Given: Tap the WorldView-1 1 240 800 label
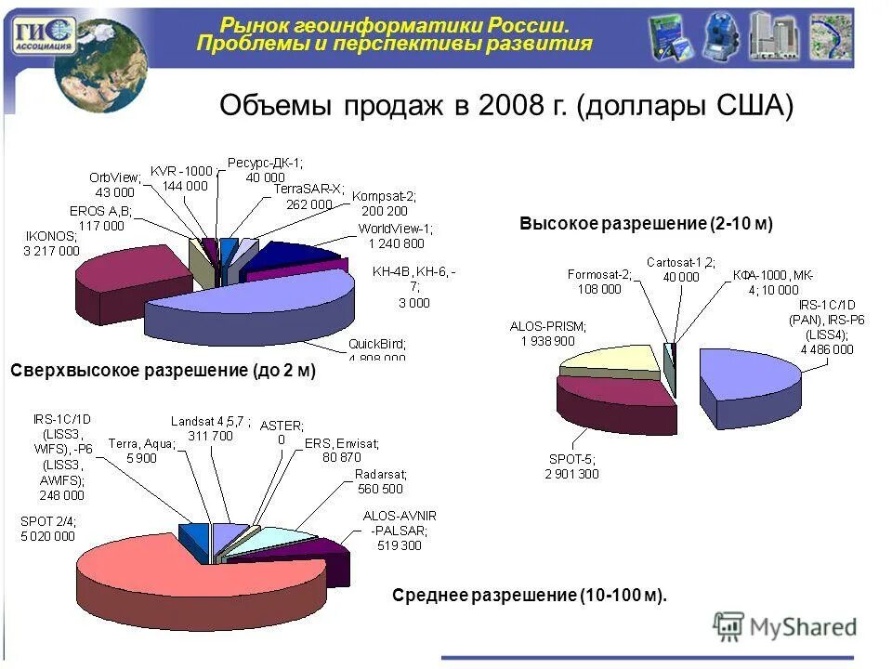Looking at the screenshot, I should click(x=394, y=236).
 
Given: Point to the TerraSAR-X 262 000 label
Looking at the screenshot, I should click(x=302, y=197).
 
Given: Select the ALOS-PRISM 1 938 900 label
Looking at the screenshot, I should click(x=548, y=334).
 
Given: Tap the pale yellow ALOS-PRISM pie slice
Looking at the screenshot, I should click(x=613, y=362).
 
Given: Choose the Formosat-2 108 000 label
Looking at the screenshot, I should click(x=599, y=282).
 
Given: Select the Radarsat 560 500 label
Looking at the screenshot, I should click(x=379, y=481).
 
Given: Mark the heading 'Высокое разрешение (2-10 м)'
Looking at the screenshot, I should click(x=647, y=225).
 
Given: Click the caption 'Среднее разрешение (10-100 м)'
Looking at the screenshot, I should click(x=530, y=595).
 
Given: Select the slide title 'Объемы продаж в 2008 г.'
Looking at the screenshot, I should click(x=506, y=105).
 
